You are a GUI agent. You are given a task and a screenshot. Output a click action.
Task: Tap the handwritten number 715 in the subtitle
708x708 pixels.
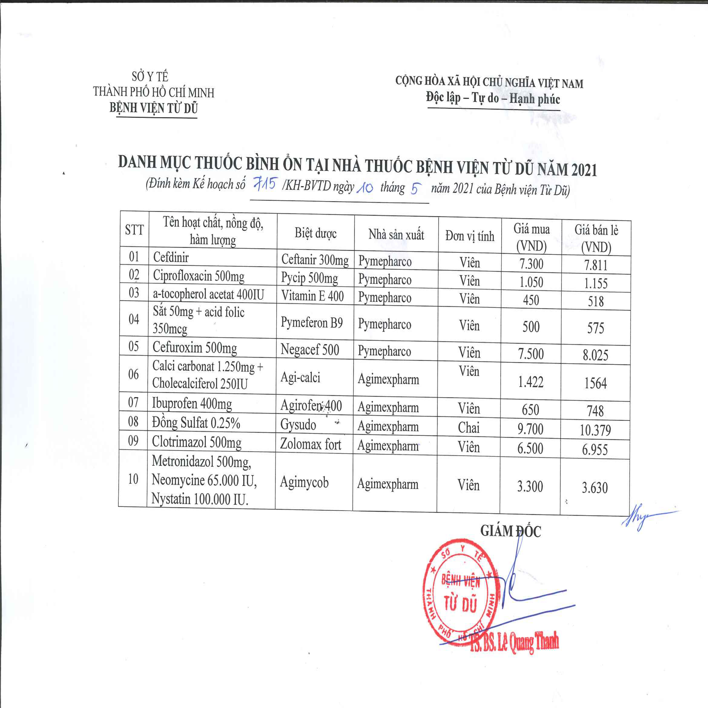point(264,184)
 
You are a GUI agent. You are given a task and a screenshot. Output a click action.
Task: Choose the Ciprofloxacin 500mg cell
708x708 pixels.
point(199,276)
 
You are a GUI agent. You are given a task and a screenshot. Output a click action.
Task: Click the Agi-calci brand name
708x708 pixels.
point(300,377)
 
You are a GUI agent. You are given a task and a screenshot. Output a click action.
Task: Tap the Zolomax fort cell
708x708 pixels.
point(310,444)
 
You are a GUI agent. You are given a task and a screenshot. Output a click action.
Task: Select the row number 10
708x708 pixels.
point(133,479)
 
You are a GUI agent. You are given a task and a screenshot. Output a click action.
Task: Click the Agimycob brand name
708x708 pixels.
point(304,482)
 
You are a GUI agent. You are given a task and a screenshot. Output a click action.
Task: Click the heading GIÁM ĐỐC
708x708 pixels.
point(510,531)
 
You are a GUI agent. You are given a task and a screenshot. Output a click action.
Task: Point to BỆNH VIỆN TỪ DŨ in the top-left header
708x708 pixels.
point(153,108)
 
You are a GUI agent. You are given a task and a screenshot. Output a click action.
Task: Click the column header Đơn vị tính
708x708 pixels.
point(470,236)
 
